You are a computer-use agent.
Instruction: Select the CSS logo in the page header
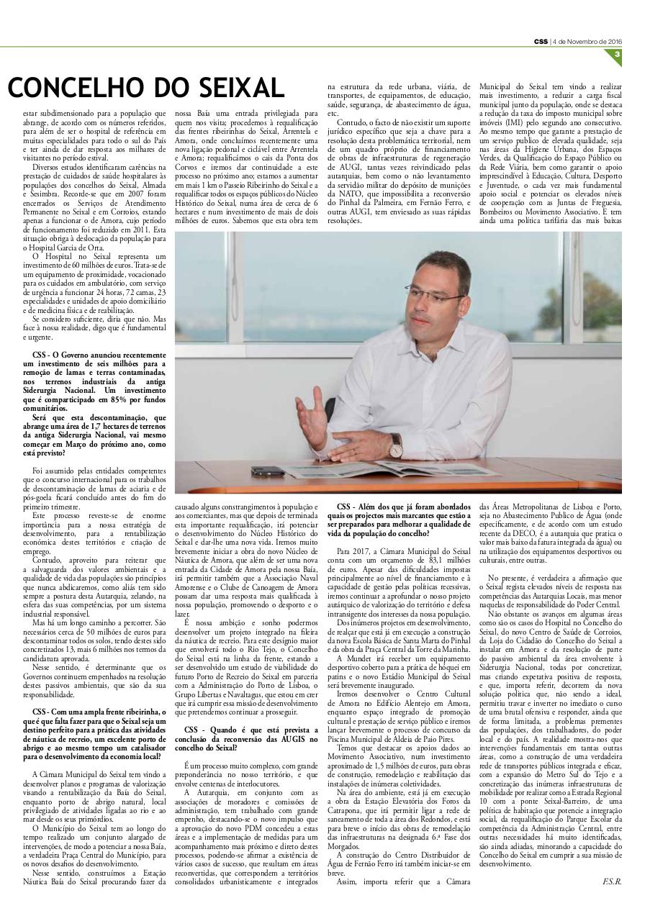coord(541,40)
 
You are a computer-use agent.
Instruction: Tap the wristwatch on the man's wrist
coord(395,446)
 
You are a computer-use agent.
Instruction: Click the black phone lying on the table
coord(268,471)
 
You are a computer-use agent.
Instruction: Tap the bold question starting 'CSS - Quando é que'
coord(246,738)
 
